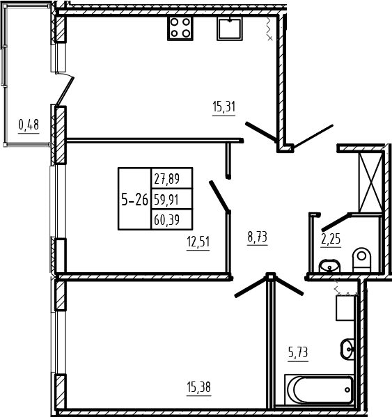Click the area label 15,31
point(224,107)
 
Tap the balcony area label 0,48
point(29,125)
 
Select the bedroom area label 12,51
point(198,242)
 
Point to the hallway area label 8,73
point(257,237)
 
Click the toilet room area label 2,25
point(331,239)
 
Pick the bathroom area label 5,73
point(298,353)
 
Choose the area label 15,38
point(199,387)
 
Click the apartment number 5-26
point(134,200)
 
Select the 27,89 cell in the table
point(172,178)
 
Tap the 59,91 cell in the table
point(172,199)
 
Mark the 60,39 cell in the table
point(172,219)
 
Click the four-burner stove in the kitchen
point(180,28)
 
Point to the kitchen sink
point(230,29)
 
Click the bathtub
point(319,389)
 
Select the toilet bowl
point(361,260)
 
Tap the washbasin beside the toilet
point(330,266)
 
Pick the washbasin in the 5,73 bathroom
point(347,349)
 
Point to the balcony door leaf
point(65,91)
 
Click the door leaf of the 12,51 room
point(219,196)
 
